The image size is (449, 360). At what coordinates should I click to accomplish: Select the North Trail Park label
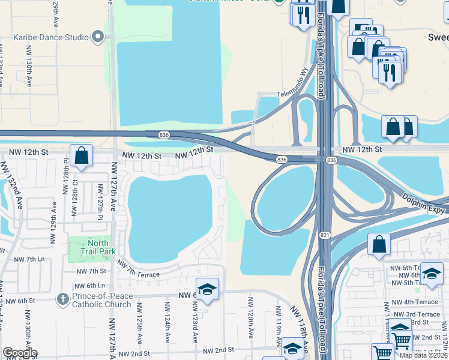tap(101, 248)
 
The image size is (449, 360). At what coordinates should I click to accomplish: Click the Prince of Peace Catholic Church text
tap(102, 300)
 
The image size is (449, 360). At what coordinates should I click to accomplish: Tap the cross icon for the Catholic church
tap(63, 298)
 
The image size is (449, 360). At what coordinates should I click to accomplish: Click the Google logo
tap(20, 353)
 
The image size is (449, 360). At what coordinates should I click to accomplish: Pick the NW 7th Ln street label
tap(29, 259)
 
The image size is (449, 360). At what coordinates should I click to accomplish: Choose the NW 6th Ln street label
tap(91, 286)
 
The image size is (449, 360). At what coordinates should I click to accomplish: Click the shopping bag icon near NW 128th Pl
tap(80, 155)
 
